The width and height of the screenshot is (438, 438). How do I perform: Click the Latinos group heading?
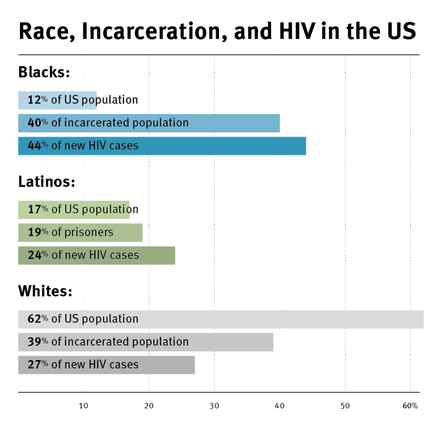46,182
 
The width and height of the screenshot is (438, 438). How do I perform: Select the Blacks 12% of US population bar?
57,100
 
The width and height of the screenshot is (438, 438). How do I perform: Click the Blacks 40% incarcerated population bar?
149,123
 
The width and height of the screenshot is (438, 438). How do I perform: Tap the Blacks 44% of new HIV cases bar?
162,145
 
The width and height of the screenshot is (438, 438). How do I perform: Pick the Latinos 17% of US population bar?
74,209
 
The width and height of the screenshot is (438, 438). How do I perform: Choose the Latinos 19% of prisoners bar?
80,232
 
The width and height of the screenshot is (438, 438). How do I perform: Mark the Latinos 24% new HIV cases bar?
96,255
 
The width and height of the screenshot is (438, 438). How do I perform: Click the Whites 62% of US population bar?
220,319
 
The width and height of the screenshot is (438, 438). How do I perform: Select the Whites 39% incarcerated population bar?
145,342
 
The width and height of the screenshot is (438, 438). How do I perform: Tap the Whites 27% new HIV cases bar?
106,364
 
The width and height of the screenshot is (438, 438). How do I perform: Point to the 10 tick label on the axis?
83,406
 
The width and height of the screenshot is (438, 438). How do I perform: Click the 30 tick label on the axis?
214,406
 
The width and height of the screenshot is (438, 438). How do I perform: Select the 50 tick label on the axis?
345,406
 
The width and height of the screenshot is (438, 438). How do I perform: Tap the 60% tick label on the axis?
410,406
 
